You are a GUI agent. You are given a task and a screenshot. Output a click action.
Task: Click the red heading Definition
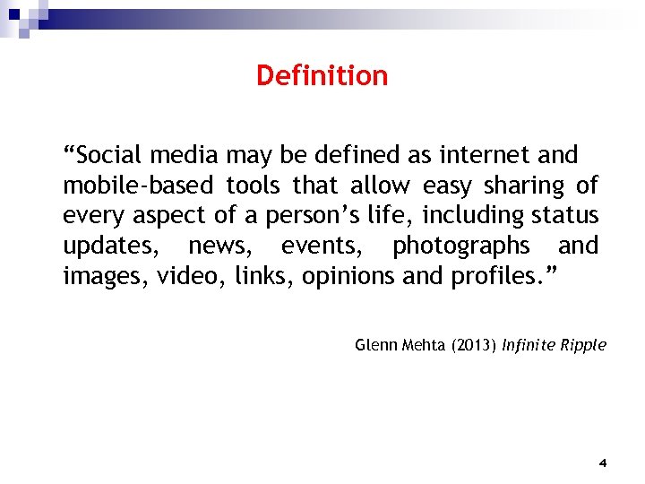click(322, 75)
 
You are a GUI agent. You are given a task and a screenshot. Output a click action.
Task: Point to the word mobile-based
click(138, 186)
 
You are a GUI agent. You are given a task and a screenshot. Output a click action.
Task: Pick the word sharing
click(524, 186)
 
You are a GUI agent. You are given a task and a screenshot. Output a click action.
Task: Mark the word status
click(565, 216)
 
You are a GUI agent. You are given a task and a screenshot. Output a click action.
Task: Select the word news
click(215, 246)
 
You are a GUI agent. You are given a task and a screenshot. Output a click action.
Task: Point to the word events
click(317, 246)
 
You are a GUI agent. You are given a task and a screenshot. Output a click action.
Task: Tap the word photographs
click(460, 246)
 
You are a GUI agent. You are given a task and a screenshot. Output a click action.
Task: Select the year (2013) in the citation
click(469, 345)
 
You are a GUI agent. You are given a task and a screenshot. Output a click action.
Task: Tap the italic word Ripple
click(584, 345)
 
